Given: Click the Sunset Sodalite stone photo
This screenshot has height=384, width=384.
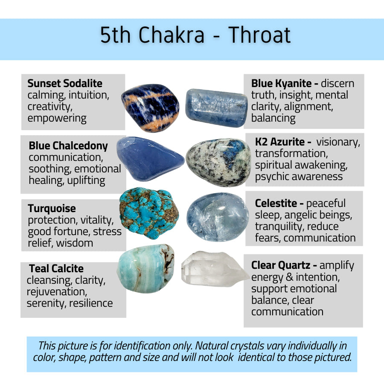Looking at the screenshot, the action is point(150,108).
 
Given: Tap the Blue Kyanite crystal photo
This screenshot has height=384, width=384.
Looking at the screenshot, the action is point(216,108).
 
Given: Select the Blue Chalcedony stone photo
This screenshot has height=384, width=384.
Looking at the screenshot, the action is point(150,159).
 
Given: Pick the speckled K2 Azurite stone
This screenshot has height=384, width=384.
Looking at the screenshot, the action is point(218,162).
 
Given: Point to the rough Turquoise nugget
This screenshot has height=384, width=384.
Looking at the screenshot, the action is point(149,213).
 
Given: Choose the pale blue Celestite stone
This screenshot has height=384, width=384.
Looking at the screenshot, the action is point(218,217).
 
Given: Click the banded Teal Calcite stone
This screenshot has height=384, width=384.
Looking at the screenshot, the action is point(146,268).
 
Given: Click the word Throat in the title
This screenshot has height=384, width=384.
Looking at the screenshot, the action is point(259,35).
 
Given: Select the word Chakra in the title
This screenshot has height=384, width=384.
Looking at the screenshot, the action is point(171,35).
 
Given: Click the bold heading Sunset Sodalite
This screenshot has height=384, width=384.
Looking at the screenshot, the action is point(65,83).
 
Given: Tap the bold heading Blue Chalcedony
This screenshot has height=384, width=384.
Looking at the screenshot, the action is point(68,146).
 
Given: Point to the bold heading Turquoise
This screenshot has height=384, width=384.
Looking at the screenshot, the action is point(52,208).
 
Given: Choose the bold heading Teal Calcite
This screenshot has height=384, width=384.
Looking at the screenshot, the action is point(56,268).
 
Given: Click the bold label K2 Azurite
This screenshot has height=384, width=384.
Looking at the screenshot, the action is point(279,142).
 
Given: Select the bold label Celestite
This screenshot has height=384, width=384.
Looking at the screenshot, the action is point(276,203).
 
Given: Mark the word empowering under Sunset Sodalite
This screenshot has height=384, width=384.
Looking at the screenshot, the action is point(57,119).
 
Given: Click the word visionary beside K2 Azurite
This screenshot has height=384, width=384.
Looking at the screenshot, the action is point(338,142).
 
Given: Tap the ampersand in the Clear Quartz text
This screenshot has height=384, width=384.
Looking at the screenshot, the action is point(289,277).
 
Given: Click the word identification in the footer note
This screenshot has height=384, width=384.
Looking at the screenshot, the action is point(142,346).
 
